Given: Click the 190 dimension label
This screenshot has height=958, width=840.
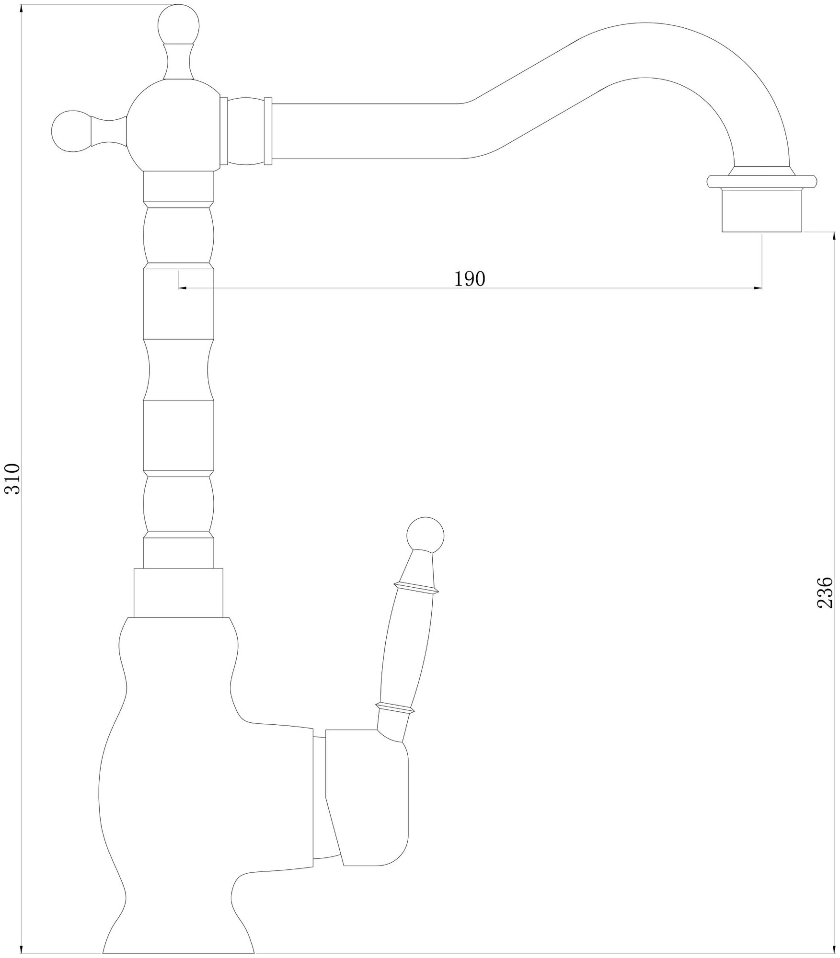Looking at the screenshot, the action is (470, 279).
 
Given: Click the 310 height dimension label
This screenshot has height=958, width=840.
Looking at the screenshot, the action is (12, 479).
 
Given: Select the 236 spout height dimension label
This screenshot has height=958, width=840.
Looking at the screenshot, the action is (824, 593).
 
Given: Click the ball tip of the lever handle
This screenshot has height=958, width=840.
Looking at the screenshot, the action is (425, 534).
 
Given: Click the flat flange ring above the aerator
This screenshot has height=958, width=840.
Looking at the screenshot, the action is (761, 182).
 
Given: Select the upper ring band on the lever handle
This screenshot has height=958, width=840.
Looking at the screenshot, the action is (415, 588).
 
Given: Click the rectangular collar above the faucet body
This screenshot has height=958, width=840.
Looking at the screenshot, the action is (178, 593).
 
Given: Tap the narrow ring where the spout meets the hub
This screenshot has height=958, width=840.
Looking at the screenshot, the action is (223, 131).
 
